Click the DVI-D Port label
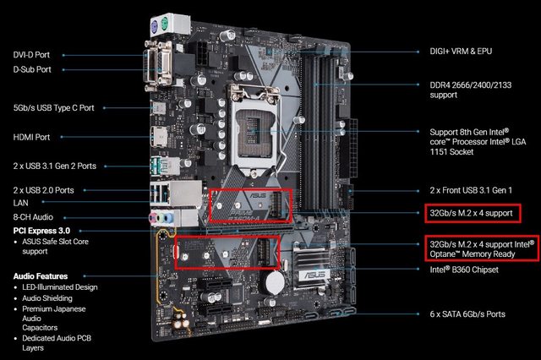pos(31,55)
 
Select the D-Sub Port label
pos(32,69)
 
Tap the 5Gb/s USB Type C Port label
pos(53,108)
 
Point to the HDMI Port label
pos(31,137)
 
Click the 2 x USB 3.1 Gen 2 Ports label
pos(54,166)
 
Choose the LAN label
pos(20,203)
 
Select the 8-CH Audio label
pos(33,217)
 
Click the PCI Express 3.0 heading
pos(41,231)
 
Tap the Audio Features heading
pos(41,276)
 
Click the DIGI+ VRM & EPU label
pos(461,52)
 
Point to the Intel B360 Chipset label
pos(464,270)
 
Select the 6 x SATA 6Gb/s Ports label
pos(467,314)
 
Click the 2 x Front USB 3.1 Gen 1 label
pos(471,190)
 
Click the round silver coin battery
pos(275,283)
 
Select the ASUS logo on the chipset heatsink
pos(314,275)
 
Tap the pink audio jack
pos(152,217)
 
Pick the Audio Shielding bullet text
pos(47,298)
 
